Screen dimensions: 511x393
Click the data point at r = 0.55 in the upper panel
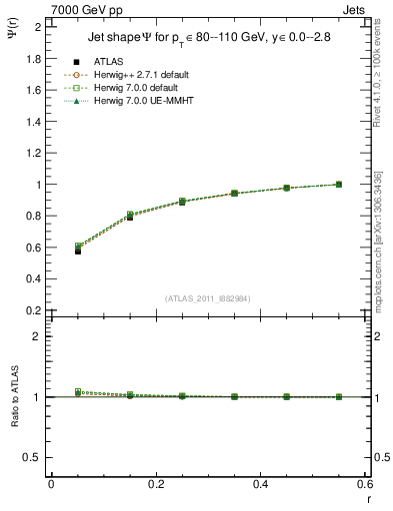tap(339, 185)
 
